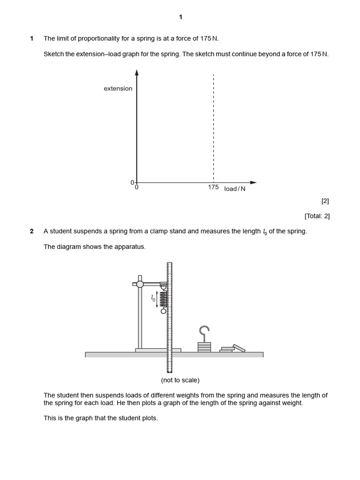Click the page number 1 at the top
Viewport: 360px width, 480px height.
click(x=180, y=17)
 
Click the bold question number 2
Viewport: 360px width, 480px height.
click(x=32, y=231)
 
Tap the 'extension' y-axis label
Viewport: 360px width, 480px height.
click(x=118, y=89)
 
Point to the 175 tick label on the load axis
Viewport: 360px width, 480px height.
click(x=213, y=187)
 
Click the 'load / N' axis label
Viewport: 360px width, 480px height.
click(x=235, y=189)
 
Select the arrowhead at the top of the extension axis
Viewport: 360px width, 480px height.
click(x=136, y=72)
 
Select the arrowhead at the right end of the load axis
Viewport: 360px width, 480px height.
click(x=254, y=182)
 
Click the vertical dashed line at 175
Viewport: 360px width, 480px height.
click(x=213, y=127)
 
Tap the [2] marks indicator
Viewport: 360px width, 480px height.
click(x=325, y=201)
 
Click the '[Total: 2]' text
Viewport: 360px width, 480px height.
click(x=317, y=216)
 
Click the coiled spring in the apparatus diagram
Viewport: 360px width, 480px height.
click(x=164, y=299)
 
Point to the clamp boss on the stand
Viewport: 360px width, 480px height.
click(x=140, y=284)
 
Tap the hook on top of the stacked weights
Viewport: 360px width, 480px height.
click(x=204, y=333)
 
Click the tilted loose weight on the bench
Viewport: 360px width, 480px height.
click(x=239, y=348)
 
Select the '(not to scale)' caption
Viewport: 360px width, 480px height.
click(x=180, y=380)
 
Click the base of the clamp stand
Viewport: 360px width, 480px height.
click(x=158, y=350)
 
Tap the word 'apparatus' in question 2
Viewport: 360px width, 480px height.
click(x=132, y=247)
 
